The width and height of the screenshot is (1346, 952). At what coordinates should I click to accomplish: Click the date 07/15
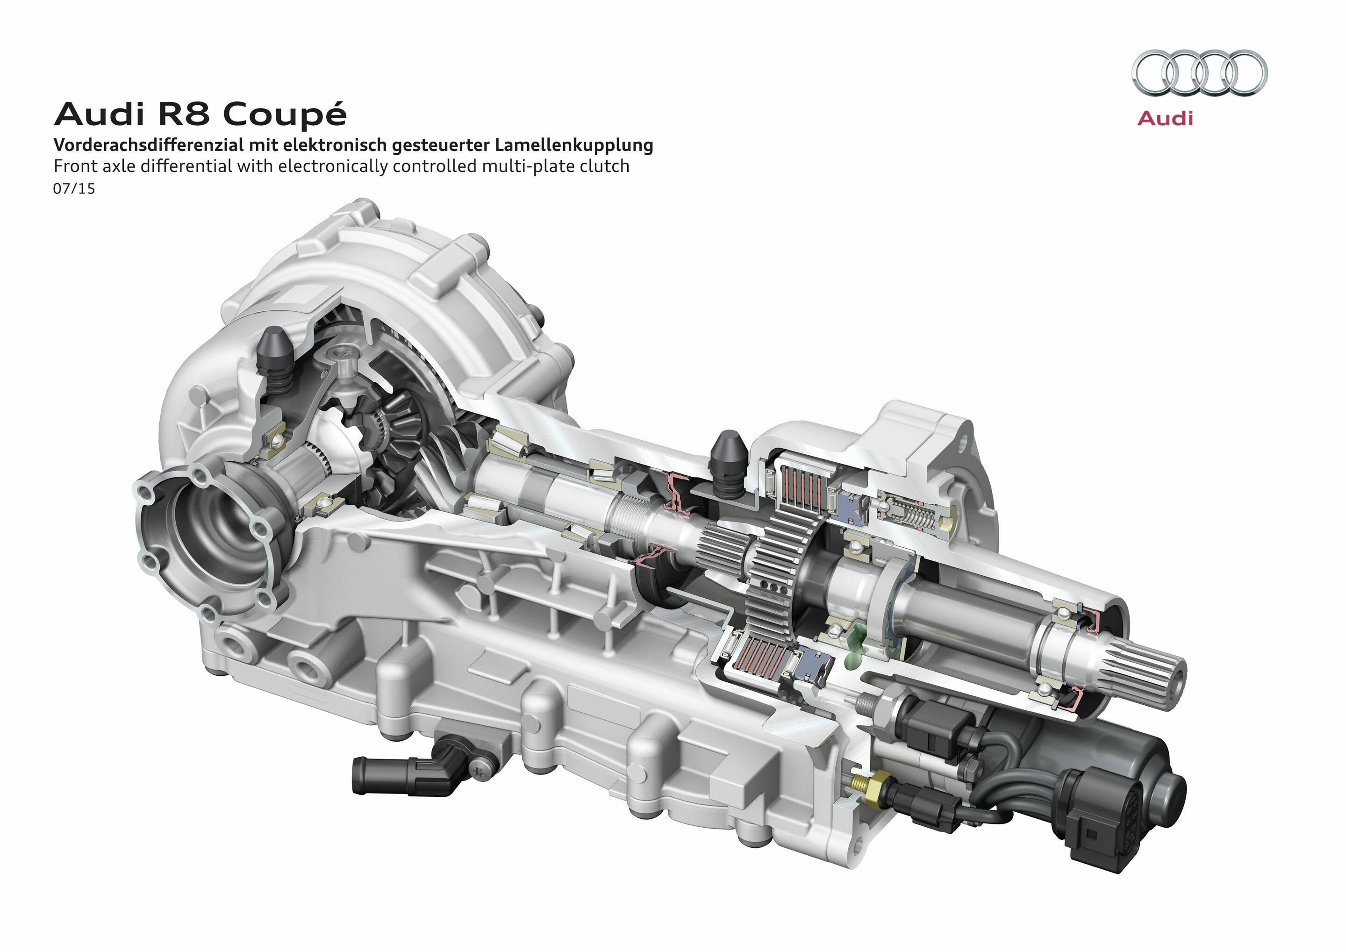click(74, 189)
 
